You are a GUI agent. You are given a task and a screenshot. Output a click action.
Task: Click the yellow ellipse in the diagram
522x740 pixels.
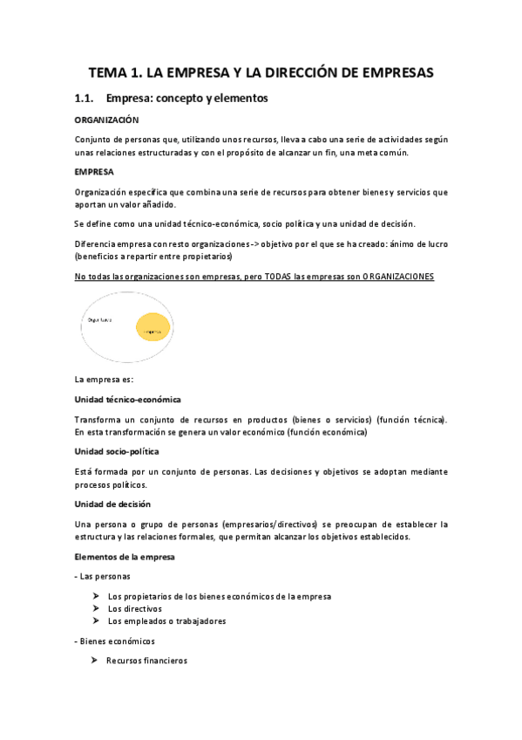pyautogui.click(x=154, y=330)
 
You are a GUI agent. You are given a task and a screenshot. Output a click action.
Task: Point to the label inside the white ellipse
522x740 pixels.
pyautogui.click(x=99, y=320)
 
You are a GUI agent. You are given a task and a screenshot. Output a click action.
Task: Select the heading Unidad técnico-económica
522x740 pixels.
pyautogui.click(x=127, y=399)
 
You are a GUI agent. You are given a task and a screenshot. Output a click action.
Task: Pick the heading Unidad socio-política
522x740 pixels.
pyautogui.click(x=117, y=451)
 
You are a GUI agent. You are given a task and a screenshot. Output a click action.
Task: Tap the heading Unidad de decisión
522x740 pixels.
pyautogui.click(x=112, y=504)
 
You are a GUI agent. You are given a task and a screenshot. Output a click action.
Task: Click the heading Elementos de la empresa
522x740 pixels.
pyautogui.click(x=125, y=556)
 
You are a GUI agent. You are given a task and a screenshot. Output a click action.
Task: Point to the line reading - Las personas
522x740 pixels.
pyautogui.click(x=103, y=576)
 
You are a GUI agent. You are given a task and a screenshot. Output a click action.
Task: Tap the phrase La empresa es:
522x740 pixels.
pyautogui.click(x=105, y=379)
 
